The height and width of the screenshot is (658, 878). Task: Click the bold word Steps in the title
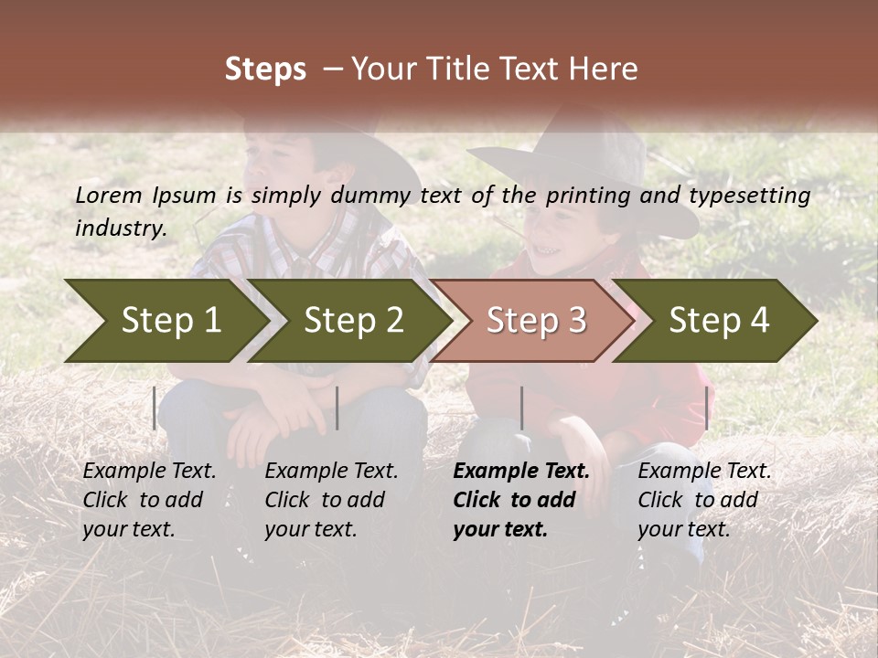pos(265,69)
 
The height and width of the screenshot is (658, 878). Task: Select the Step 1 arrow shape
pos(165,321)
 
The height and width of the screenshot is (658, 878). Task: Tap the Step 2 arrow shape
pos(353,321)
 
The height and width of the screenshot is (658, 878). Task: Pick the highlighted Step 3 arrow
pos(536,321)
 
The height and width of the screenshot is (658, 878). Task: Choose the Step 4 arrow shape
pos(719,321)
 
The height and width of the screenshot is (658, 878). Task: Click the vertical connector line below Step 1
pos(155,408)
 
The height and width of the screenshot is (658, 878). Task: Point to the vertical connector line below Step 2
pos(337,408)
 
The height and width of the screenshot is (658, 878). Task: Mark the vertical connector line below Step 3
pos(521,408)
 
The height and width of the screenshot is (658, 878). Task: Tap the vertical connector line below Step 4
pos(706,408)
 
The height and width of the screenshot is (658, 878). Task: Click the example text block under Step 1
pos(148,500)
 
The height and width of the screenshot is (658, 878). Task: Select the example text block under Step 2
pos(330,500)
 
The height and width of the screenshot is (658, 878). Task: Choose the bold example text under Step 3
pos(520,500)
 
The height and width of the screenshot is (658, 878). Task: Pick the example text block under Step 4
pos(703,500)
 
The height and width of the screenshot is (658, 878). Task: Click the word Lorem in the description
pos(109,196)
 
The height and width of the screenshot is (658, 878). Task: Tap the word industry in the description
pos(120,228)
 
